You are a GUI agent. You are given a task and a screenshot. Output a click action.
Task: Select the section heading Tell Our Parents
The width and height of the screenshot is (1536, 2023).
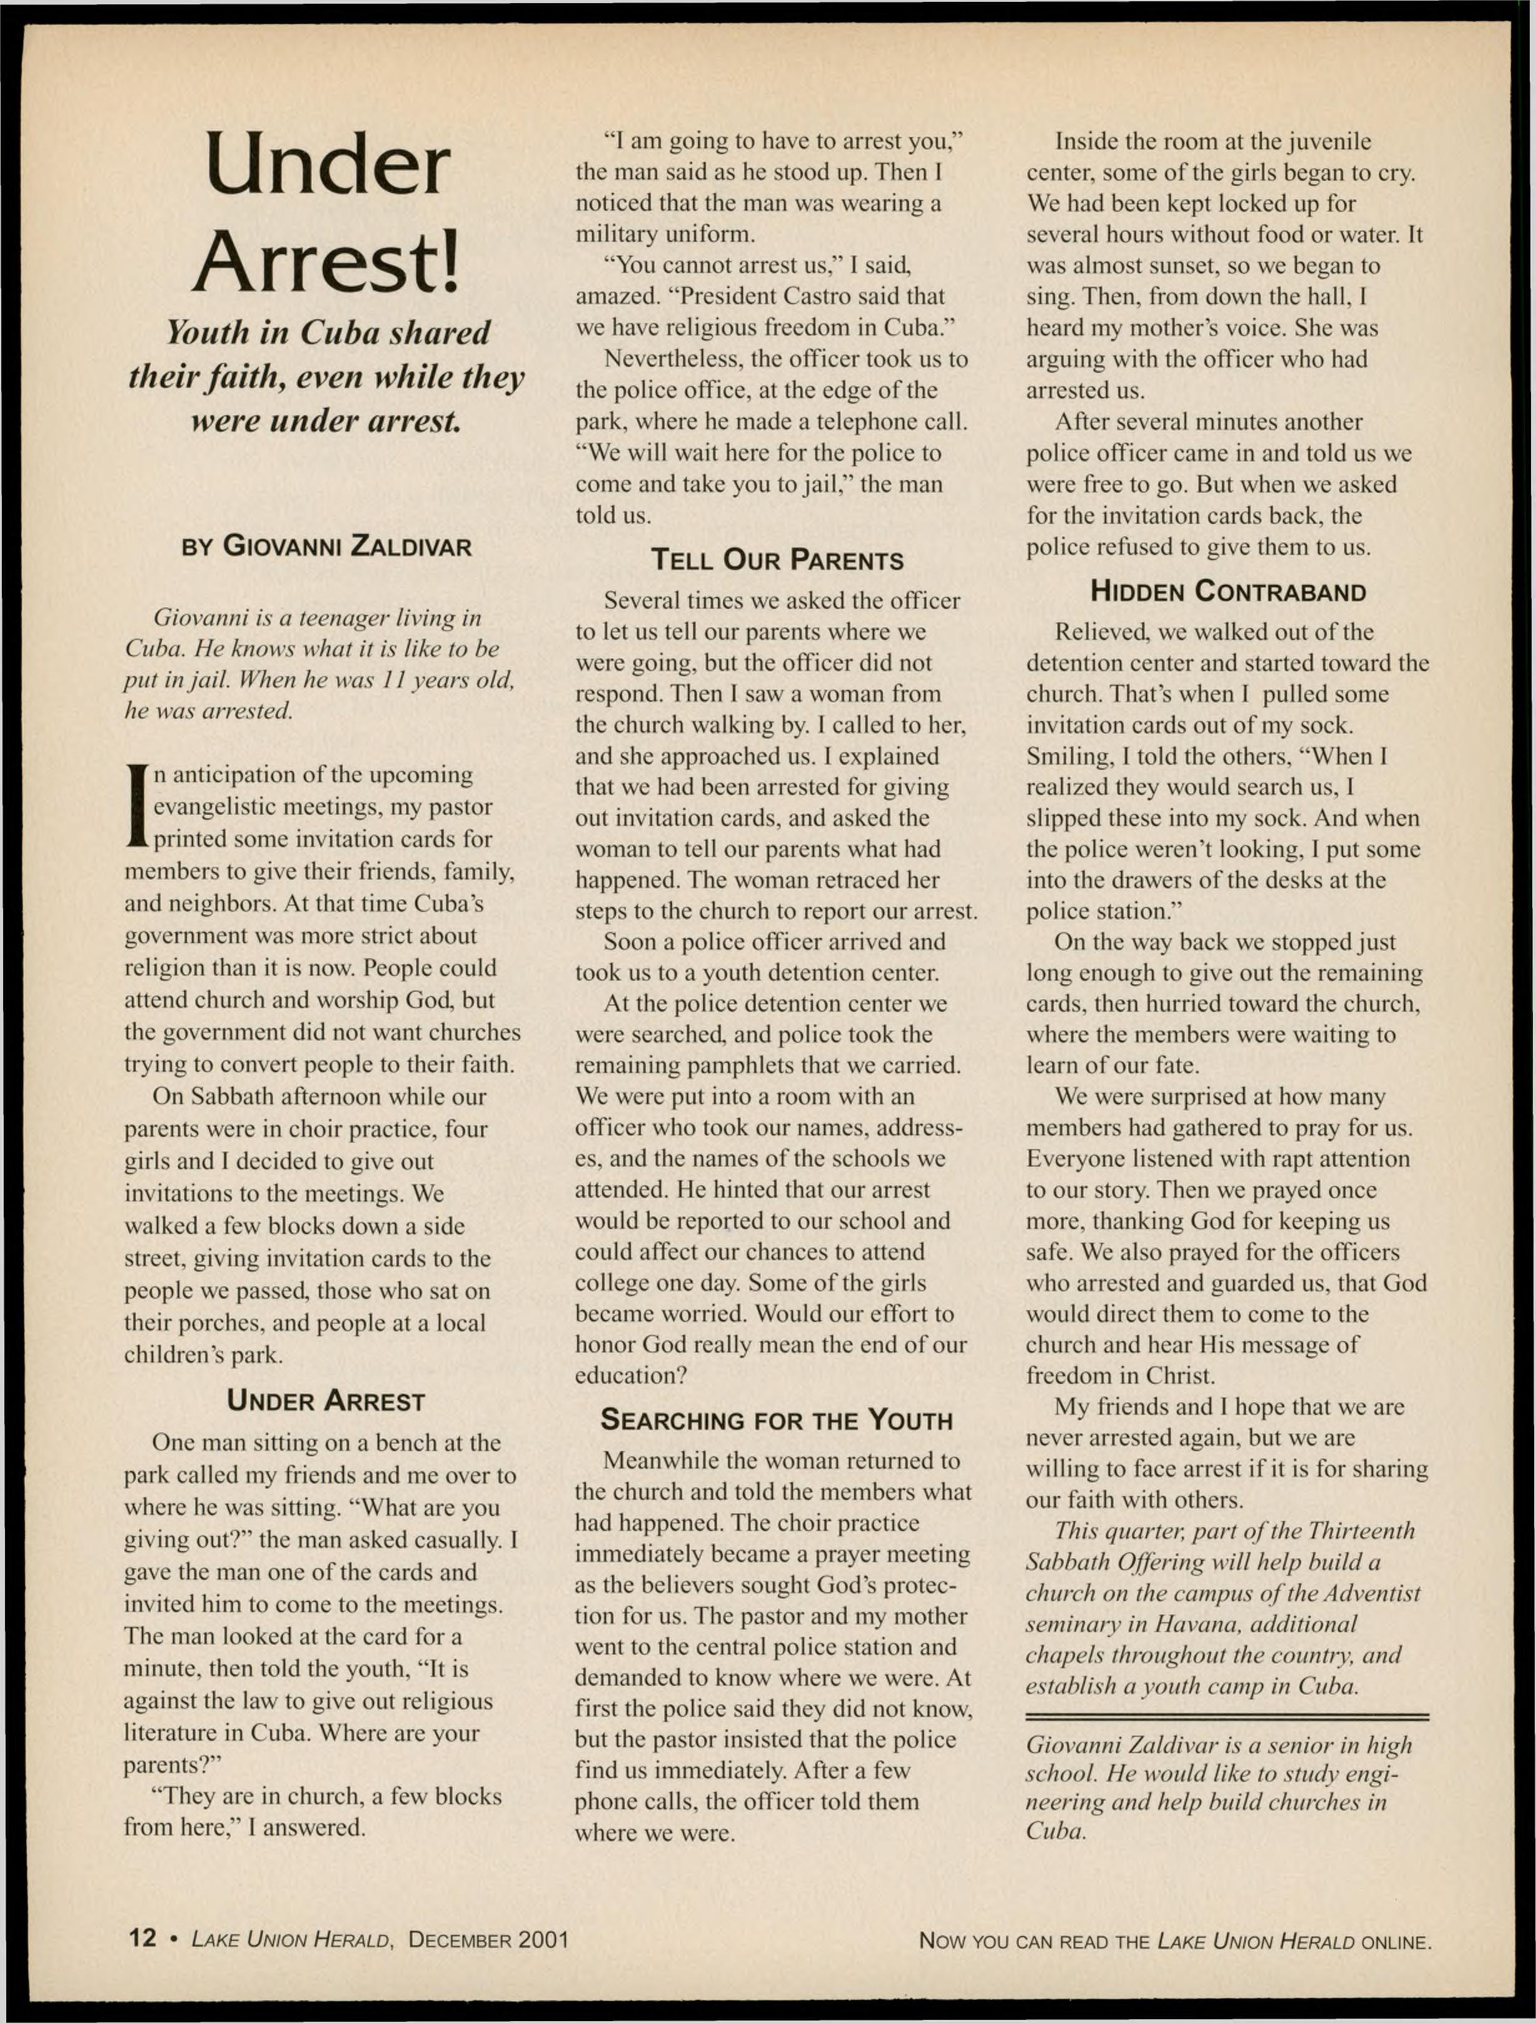pyautogui.click(x=776, y=560)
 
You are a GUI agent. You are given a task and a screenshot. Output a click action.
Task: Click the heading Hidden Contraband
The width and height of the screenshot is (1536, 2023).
pyautogui.click(x=1228, y=592)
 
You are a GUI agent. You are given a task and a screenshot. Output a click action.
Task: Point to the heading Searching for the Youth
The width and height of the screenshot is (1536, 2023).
pyautogui.click(x=776, y=1420)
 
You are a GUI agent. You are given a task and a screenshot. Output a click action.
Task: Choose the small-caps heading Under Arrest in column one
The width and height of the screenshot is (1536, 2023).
pyautogui.click(x=326, y=1401)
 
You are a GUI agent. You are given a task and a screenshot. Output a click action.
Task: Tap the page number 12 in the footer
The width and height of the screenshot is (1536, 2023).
pyautogui.click(x=143, y=1938)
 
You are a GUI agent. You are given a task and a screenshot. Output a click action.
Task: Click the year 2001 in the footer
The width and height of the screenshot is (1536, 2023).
pyautogui.click(x=542, y=1939)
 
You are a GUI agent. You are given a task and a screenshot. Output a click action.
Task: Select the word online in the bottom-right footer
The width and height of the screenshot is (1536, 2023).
pyautogui.click(x=1395, y=1941)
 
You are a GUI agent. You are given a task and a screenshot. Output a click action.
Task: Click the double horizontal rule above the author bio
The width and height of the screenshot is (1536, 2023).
pyautogui.click(x=1227, y=1717)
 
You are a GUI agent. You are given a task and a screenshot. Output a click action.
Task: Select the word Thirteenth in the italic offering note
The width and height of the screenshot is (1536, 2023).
pyautogui.click(x=1361, y=1530)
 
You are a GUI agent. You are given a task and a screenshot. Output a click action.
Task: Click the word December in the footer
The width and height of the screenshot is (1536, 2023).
pyautogui.click(x=459, y=1939)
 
